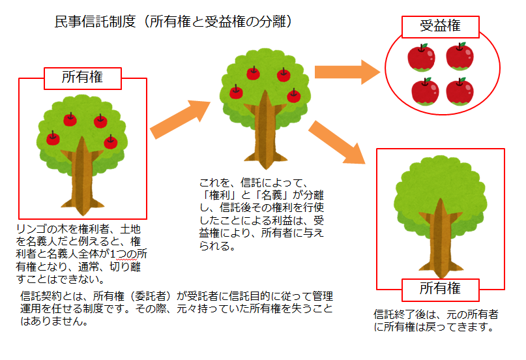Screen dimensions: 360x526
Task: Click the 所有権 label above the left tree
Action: click(x=83, y=78)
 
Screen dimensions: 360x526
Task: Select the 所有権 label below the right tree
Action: click(x=440, y=288)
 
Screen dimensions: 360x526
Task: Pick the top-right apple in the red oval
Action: click(x=460, y=57)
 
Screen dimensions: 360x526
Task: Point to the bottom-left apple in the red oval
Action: click(x=426, y=91)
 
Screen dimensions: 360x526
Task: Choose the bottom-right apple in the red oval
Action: click(x=460, y=91)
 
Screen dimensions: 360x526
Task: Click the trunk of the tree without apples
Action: click(x=439, y=241)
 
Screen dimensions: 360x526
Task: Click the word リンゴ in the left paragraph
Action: click(x=33, y=230)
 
